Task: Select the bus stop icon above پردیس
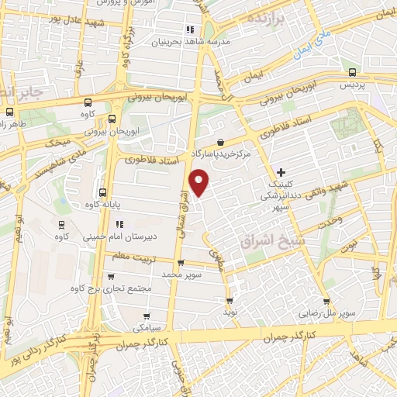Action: [354, 73]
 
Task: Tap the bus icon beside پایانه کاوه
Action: [102, 192]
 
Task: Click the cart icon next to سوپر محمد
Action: [180, 264]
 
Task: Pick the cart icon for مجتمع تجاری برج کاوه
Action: [111, 276]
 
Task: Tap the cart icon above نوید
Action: [229, 300]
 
